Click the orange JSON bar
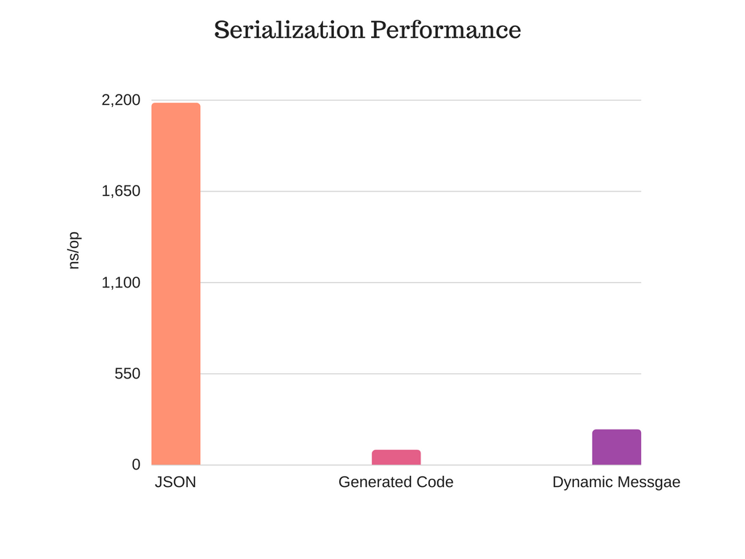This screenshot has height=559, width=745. coord(176,284)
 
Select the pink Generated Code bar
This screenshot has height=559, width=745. coord(397,457)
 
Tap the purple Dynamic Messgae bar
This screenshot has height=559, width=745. coord(617,448)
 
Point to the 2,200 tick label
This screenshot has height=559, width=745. coord(121,100)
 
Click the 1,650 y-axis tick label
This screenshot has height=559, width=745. coord(121,191)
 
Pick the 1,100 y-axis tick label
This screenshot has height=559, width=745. coord(121,283)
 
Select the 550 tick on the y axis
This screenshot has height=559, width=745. coord(127,373)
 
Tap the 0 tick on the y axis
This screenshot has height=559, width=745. coord(136,464)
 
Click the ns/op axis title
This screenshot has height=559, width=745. coord(73,250)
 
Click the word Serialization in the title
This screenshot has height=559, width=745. coord(290,29)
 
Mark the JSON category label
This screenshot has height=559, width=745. coord(175,482)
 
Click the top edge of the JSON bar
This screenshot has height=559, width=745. coord(176,103)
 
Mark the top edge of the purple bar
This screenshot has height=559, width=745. coord(617,429)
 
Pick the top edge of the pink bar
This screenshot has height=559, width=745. coord(397,450)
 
